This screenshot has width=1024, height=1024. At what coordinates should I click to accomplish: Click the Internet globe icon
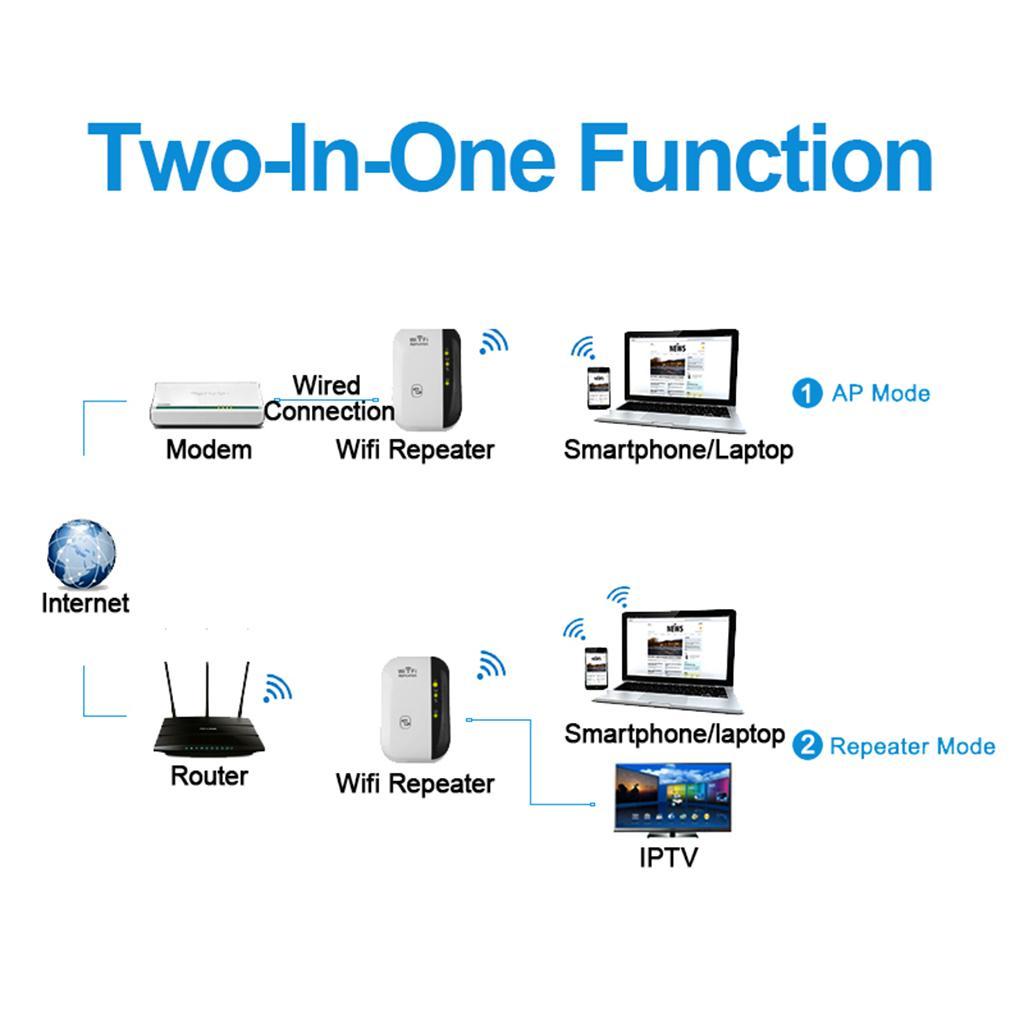[82, 554]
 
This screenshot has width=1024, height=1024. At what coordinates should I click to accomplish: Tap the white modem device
[205, 406]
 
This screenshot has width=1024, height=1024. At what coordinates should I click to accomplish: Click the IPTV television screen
[672, 800]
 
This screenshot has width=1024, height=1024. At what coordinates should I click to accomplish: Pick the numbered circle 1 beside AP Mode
[807, 393]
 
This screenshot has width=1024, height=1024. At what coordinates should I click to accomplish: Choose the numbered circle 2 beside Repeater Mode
[807, 746]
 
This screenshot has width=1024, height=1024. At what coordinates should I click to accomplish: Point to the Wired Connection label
[329, 398]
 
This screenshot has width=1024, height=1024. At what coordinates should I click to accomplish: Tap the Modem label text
[209, 450]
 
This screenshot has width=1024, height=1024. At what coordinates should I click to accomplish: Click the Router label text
[209, 776]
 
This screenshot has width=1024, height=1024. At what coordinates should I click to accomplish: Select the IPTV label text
[668, 857]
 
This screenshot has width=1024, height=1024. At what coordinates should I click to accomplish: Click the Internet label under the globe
[85, 603]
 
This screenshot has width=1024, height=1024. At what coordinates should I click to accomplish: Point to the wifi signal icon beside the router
[277, 688]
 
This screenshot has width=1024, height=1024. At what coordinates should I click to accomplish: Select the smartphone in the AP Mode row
[598, 388]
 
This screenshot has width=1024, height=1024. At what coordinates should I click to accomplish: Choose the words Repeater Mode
[912, 746]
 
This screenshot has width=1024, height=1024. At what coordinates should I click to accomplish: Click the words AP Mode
[880, 393]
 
